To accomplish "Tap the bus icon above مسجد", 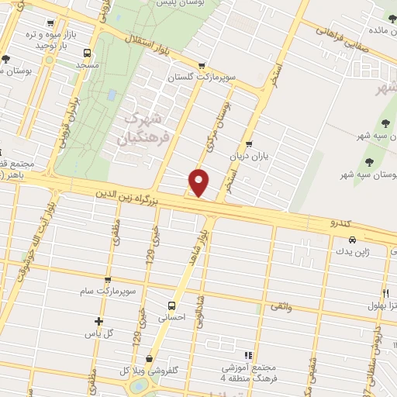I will (87, 54).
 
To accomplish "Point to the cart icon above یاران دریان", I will (248, 143).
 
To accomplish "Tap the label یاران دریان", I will (248, 155).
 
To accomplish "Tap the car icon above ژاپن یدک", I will (353, 240).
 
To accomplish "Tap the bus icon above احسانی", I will (171, 305).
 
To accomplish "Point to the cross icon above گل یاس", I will (98, 321).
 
